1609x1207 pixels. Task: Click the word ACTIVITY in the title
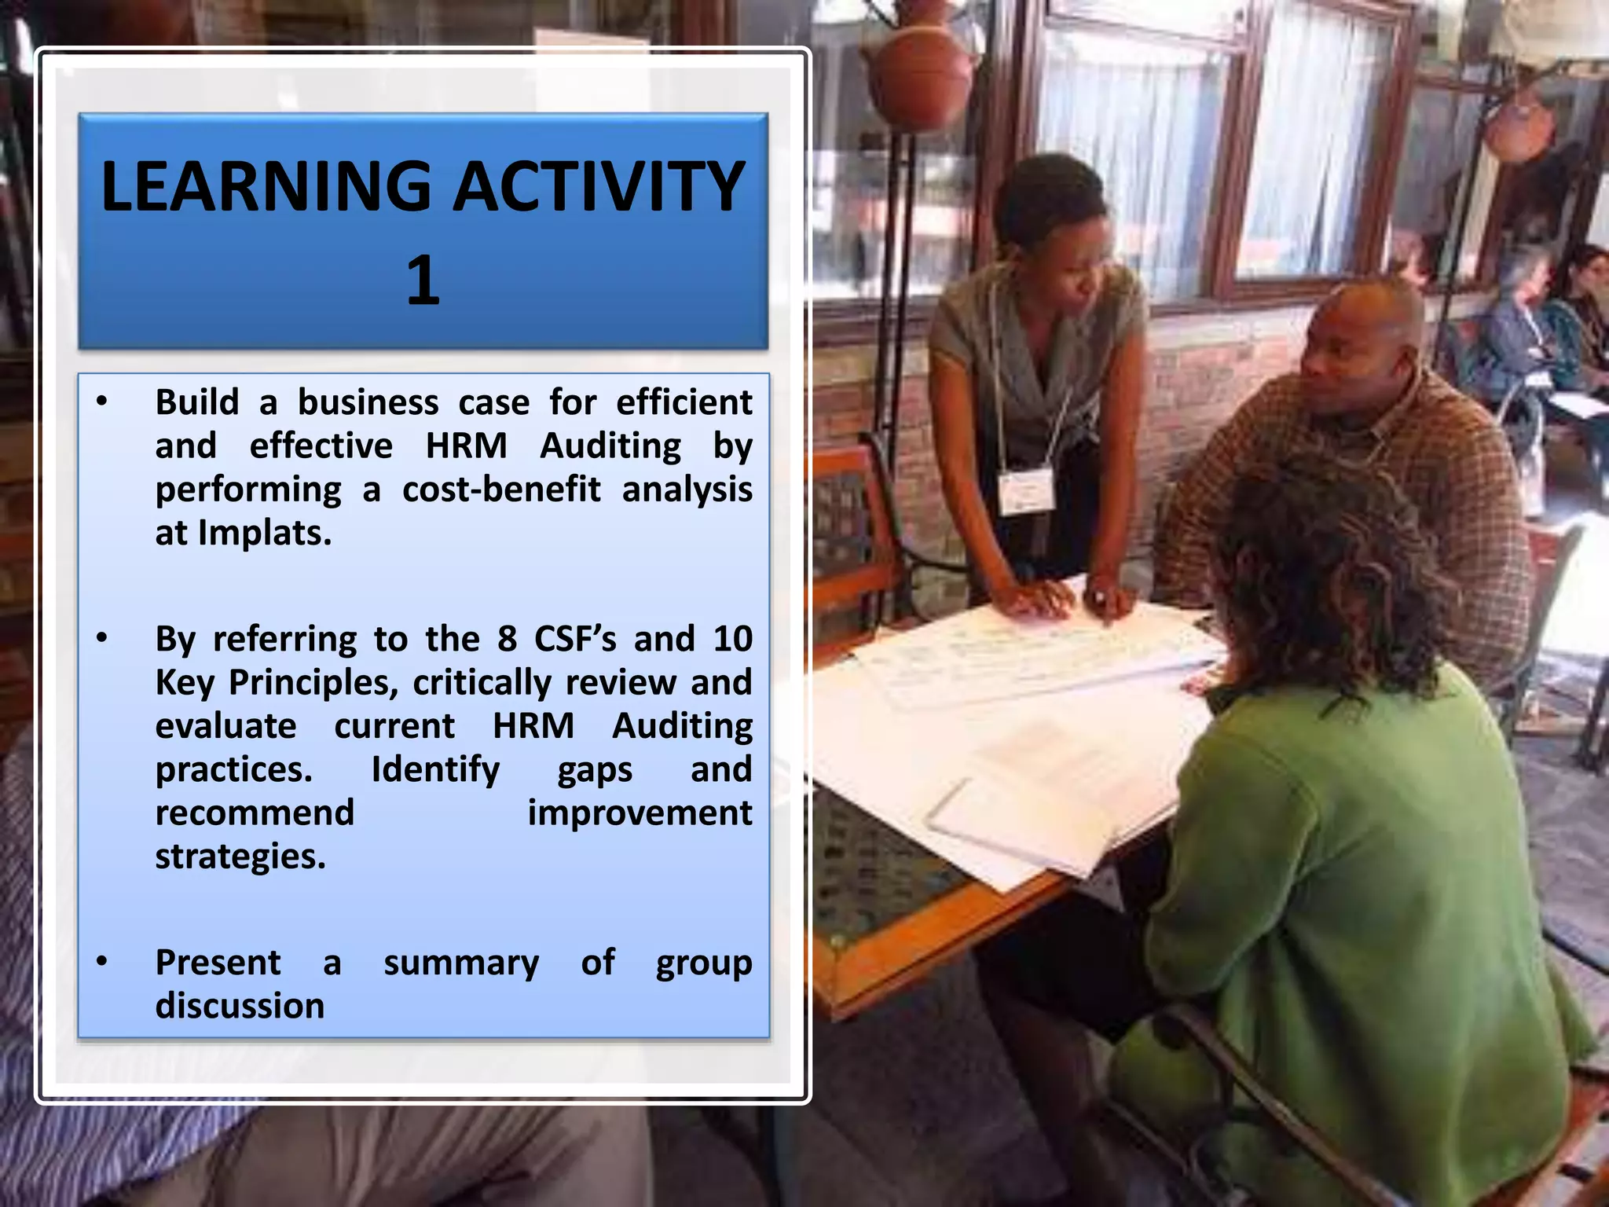coord(599,187)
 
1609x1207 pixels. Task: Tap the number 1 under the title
coord(423,281)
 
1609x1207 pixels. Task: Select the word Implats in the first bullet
coord(265,533)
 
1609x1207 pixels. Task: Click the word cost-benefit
coord(501,489)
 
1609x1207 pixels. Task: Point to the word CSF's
coord(575,638)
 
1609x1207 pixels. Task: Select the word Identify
coord(435,769)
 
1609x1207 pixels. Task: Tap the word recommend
coord(255,813)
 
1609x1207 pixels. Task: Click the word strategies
coord(240,857)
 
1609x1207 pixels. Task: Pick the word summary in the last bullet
coord(461,963)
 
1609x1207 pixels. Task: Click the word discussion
coord(240,1006)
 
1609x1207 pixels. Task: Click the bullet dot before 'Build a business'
coord(101,402)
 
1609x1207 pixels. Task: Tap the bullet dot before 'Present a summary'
coord(101,961)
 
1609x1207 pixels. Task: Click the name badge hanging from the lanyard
coord(1024,491)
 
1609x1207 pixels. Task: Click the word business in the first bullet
coord(368,402)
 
